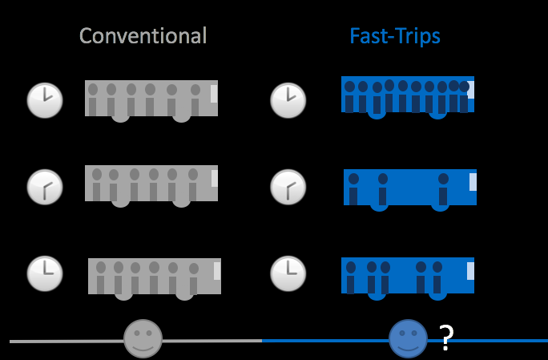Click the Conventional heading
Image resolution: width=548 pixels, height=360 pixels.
(x=143, y=36)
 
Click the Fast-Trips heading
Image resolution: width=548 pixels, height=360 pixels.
(x=395, y=36)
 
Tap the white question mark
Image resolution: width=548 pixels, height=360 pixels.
(x=447, y=339)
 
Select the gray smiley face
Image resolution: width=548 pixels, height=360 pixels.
(x=143, y=338)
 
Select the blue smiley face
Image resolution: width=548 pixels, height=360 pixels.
(x=408, y=338)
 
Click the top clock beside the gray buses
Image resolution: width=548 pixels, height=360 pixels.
(x=45, y=100)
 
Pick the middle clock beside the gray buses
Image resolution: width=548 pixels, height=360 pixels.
(x=45, y=188)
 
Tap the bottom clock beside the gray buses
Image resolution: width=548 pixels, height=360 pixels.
(x=45, y=273)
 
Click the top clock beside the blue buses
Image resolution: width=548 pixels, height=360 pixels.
(x=288, y=100)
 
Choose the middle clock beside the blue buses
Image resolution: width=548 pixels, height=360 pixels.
(x=288, y=188)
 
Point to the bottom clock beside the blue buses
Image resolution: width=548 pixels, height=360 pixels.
(x=288, y=273)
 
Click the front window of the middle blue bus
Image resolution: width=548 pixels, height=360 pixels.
(x=473, y=181)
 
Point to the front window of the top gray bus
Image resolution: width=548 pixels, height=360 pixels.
(x=214, y=93)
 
